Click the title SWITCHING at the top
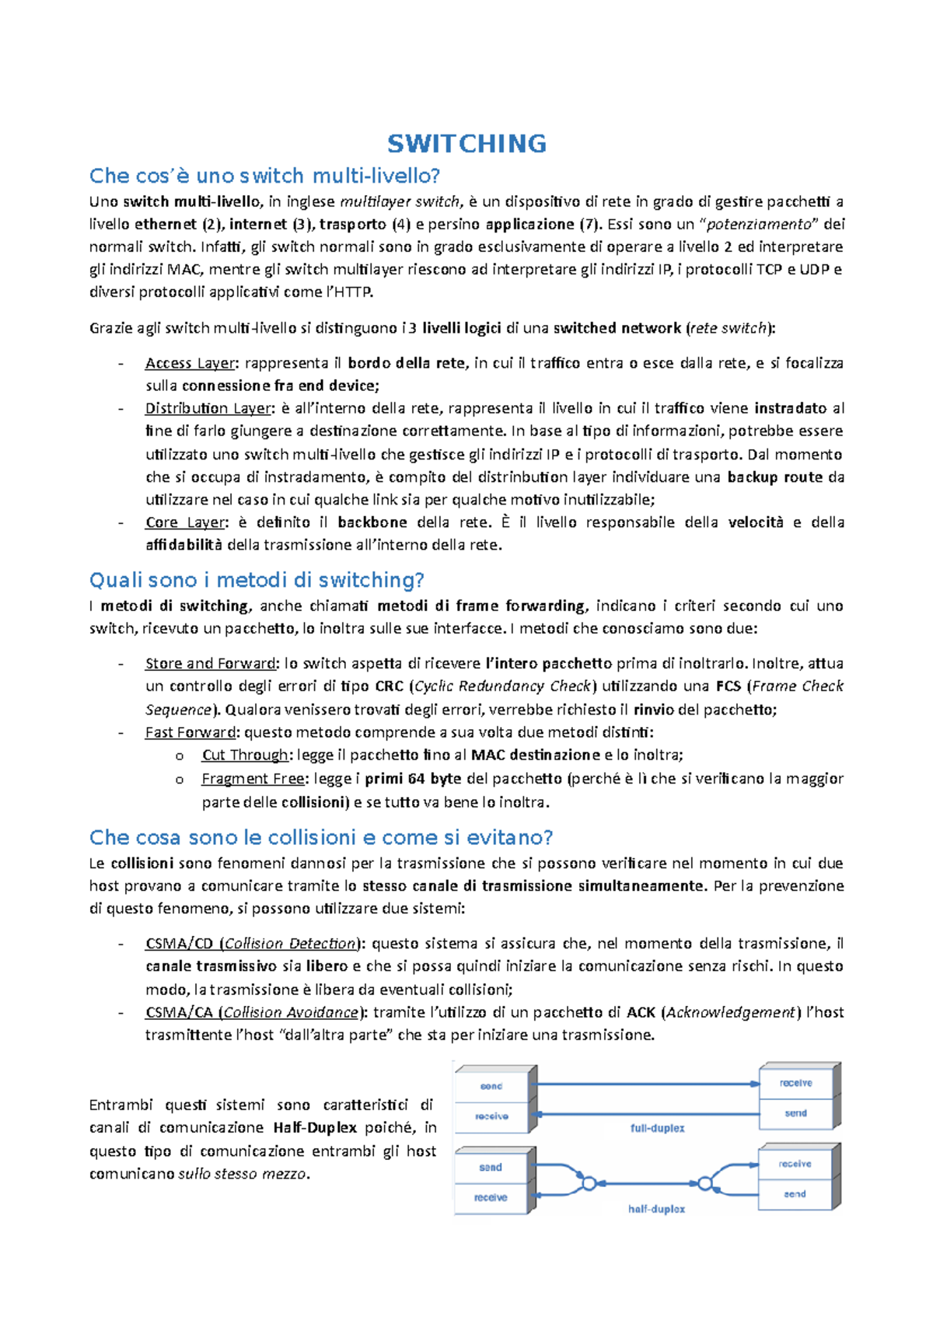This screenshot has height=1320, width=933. click(466, 144)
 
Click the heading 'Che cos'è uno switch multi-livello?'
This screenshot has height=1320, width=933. click(264, 176)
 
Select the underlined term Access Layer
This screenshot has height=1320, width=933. click(190, 363)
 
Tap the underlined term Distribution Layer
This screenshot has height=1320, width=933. click(208, 409)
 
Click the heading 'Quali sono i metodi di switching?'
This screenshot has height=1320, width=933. click(257, 580)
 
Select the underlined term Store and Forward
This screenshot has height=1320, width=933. click(211, 664)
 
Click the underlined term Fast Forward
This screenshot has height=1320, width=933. click(190, 732)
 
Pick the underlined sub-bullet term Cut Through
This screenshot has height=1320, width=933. click(245, 755)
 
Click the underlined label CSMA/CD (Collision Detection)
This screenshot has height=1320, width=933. click(252, 944)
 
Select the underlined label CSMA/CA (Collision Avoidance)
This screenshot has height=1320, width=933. click(253, 1012)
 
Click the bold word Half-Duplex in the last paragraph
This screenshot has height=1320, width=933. click(315, 1128)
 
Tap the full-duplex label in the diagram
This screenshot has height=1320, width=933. click(657, 1128)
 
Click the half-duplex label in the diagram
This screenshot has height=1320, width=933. click(656, 1209)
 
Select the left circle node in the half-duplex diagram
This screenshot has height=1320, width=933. click(589, 1183)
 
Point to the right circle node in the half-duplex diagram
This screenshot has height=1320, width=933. click(704, 1183)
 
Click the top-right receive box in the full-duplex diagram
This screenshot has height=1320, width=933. click(795, 1083)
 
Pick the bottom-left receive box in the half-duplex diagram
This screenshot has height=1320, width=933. click(491, 1198)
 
